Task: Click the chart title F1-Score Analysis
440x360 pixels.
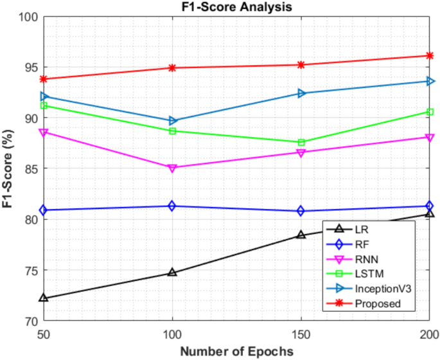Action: coord(236,7)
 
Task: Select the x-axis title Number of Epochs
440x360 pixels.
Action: coord(236,351)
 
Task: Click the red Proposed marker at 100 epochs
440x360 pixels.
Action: coord(172,67)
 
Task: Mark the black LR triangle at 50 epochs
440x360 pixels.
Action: coord(44,298)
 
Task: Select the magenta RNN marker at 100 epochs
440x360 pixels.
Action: coord(172,168)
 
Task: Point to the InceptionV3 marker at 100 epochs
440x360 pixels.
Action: coord(172,120)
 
